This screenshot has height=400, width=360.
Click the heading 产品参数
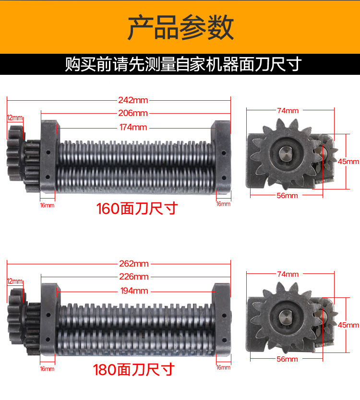tap(181, 27)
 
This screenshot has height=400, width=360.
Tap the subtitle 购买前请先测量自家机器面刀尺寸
tap(183, 64)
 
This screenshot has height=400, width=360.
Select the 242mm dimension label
tap(133, 100)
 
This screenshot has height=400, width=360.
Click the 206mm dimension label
tap(133, 113)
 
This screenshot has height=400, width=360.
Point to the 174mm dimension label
tap(133, 127)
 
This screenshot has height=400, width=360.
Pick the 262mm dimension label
tap(134, 264)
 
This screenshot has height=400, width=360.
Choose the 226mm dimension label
tap(134, 277)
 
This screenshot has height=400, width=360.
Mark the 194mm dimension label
tap(134, 291)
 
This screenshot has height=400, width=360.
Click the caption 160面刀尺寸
tap(137, 209)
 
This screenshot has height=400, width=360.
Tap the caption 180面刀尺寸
tap(134, 370)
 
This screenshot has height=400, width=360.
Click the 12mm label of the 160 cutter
tap(15, 118)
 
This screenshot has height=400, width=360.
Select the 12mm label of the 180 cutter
tap(15, 282)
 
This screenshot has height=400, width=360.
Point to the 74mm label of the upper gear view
tap(288, 111)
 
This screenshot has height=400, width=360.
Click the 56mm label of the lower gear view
tap(287, 359)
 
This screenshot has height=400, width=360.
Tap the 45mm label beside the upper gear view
tap(348, 162)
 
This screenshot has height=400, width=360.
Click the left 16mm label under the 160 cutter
tap(47, 205)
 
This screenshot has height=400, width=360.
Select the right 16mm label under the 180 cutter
tap(223, 367)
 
